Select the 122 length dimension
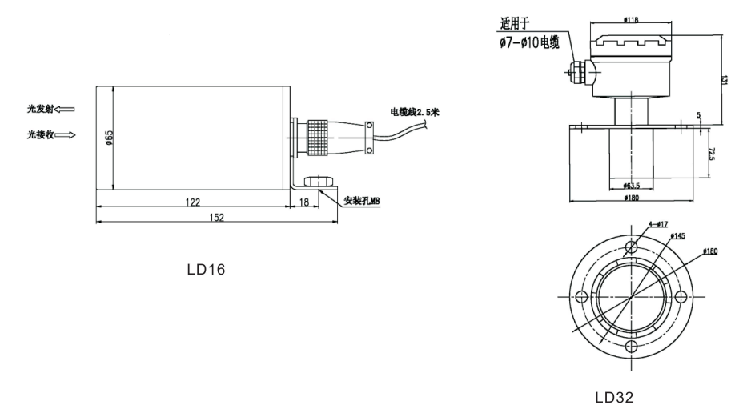[x=192, y=202]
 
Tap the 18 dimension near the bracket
[x=304, y=202]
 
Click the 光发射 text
[x=38, y=107]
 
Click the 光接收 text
[x=38, y=134]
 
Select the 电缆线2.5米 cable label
[x=415, y=111]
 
